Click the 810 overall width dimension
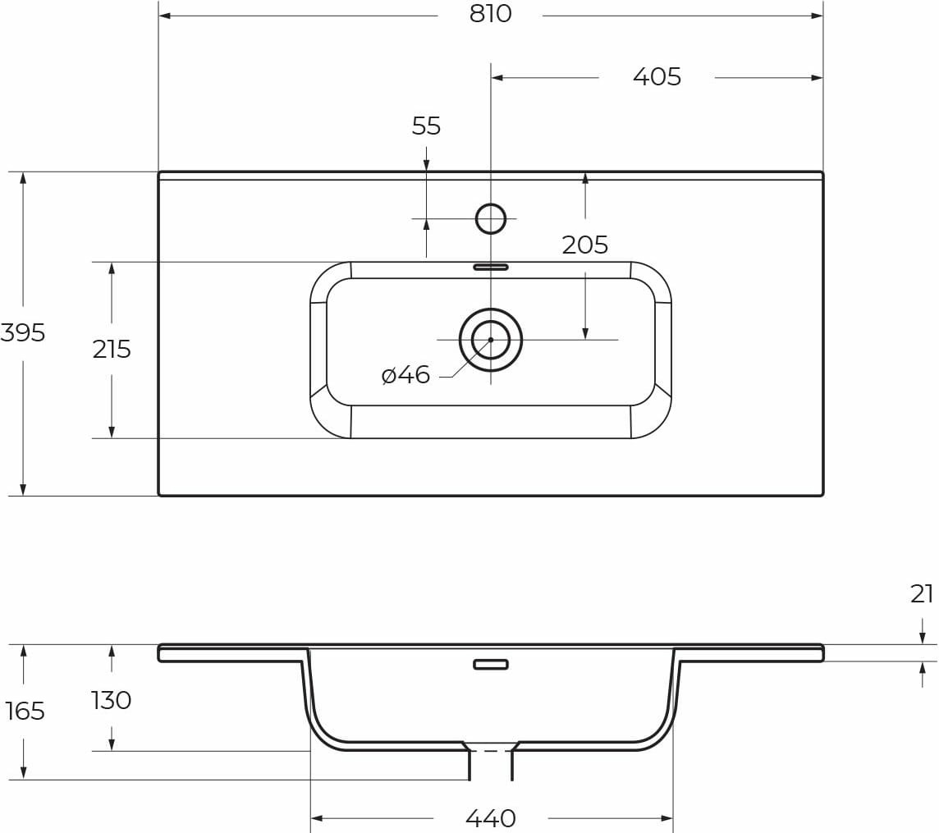click(490, 15)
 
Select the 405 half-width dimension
click(657, 77)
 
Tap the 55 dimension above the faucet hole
click(426, 126)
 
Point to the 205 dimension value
click(584, 245)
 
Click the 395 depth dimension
click(23, 333)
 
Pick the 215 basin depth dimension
click(112, 350)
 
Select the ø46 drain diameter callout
click(406, 375)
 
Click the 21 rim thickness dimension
click(922, 594)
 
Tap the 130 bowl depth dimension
click(112, 700)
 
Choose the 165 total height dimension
click(25, 711)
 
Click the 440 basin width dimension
click(490, 818)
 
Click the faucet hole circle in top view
click(491, 218)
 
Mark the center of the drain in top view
click(491, 340)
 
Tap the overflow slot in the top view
click(491, 267)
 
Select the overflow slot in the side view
click(491, 664)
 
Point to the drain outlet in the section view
click(491, 763)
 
